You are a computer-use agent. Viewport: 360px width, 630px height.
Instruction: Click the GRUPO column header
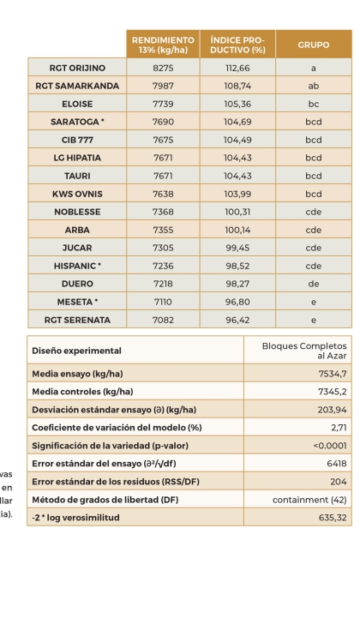(313, 45)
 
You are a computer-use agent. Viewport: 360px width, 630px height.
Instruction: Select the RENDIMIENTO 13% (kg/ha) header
(163, 45)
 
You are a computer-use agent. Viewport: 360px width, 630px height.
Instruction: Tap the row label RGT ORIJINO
(77, 68)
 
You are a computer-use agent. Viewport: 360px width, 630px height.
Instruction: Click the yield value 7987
(163, 86)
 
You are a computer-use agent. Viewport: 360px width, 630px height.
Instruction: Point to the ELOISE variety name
(77, 104)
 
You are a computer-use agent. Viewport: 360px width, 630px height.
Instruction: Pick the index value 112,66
(237, 68)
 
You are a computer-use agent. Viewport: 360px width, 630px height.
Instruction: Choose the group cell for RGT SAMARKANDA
(313, 86)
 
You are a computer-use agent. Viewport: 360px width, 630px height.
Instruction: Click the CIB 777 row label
(77, 140)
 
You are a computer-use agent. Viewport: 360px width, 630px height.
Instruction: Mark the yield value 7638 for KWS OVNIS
(163, 194)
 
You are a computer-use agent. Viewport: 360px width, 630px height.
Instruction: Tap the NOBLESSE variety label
(77, 212)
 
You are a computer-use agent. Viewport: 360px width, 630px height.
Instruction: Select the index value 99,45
(237, 248)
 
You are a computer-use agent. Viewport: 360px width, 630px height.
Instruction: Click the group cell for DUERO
(313, 284)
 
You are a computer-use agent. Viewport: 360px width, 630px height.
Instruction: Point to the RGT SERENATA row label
(77, 320)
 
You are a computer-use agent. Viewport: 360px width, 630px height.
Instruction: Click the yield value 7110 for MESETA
(163, 302)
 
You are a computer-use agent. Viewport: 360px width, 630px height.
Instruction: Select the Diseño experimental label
(76, 351)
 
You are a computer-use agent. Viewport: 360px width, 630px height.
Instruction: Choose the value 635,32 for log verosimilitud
(329, 518)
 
